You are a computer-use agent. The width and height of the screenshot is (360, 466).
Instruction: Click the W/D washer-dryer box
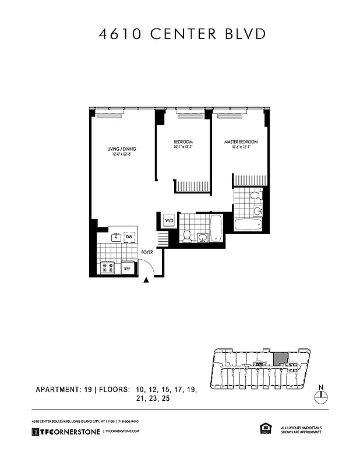coord(170,221)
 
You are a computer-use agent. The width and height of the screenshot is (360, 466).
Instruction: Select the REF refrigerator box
coord(127,269)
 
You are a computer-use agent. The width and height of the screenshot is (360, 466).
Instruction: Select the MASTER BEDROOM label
coord(241,142)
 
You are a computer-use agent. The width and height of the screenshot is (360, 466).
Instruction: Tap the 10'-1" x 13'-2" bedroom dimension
coord(183,147)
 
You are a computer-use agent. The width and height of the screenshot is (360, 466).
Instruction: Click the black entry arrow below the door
coord(146,281)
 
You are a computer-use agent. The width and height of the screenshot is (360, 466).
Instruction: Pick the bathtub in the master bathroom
coord(249,224)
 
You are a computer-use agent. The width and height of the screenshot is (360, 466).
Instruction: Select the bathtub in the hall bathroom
coord(216,228)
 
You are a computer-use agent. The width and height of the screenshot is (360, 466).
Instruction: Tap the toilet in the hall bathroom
coord(187,236)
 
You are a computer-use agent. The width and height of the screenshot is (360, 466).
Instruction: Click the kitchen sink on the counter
coord(117,236)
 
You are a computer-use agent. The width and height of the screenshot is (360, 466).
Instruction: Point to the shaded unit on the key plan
coord(280,358)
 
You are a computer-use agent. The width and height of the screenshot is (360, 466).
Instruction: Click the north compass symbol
coord(321,396)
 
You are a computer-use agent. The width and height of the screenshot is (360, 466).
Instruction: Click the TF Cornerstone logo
coord(65,432)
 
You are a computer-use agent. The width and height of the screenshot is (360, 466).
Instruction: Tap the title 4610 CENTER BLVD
coord(179,34)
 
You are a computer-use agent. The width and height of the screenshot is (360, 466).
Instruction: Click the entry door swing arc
coord(150,267)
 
